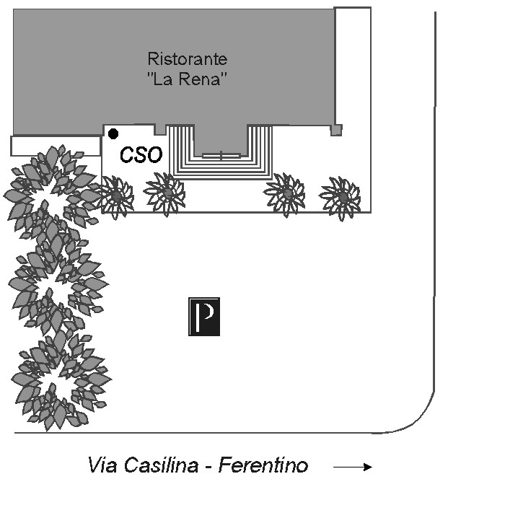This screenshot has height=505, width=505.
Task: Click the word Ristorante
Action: point(188,59)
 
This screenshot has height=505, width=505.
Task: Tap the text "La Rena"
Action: point(188,79)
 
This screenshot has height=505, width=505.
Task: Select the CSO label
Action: point(141,154)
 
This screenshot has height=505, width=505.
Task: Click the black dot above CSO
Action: point(113,133)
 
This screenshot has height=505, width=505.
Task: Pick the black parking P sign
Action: point(204,317)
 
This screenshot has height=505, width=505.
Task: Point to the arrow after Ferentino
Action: point(353,467)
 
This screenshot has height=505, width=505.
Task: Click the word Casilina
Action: point(161,465)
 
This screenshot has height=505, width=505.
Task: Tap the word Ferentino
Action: point(263,465)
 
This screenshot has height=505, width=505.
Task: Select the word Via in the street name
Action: point(102,465)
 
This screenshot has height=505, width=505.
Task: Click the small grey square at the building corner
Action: point(336,131)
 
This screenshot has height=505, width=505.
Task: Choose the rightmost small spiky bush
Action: point(341,197)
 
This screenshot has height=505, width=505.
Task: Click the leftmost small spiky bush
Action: point(116,196)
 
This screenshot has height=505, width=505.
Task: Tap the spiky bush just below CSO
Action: point(165,193)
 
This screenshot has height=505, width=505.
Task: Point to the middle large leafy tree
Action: point(58,285)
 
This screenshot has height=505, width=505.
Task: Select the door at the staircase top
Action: point(221,156)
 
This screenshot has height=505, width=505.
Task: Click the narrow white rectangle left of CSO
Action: point(56,146)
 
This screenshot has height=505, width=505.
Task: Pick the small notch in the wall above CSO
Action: point(159,130)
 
